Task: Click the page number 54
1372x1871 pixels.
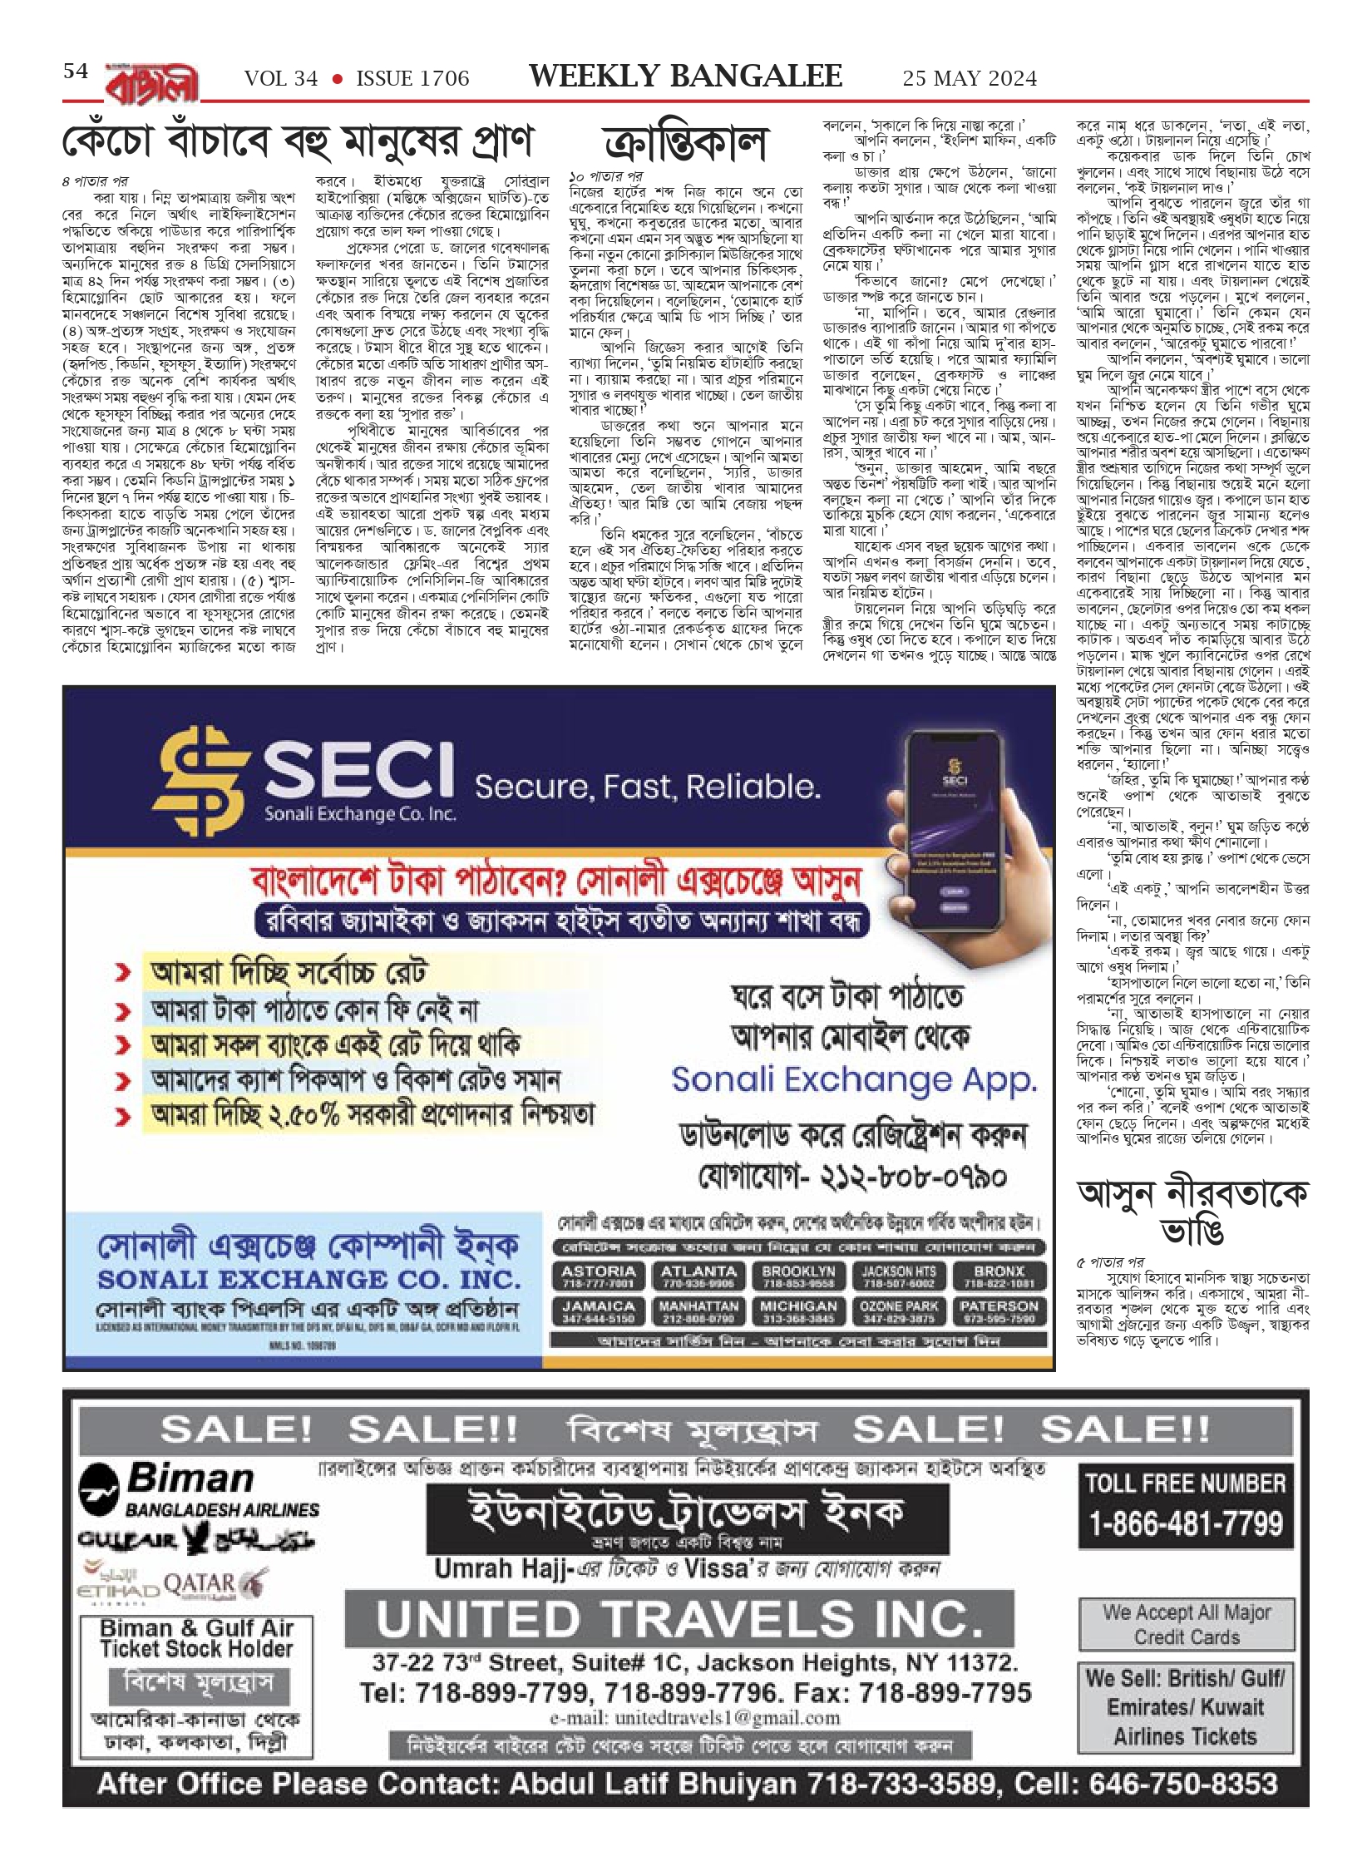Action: pyautogui.click(x=76, y=72)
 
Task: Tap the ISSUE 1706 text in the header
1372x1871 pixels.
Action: pyautogui.click(x=412, y=79)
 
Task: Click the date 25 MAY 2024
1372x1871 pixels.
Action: pyautogui.click(x=970, y=79)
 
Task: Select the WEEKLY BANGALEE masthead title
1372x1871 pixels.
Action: pyautogui.click(x=685, y=77)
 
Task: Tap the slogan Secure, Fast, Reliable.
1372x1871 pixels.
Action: pyautogui.click(x=647, y=787)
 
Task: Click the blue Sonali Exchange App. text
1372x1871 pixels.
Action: pyautogui.click(x=854, y=1080)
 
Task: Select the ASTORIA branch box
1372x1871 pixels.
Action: pyautogui.click(x=598, y=1276)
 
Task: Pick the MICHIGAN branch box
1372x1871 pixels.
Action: pyautogui.click(x=798, y=1311)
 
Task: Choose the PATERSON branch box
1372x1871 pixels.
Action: pyautogui.click(x=999, y=1311)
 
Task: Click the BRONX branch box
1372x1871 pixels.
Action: pyautogui.click(x=999, y=1276)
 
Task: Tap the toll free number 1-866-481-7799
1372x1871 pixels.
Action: pyautogui.click(x=1186, y=1523)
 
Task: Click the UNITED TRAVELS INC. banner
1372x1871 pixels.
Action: pyautogui.click(x=679, y=1619)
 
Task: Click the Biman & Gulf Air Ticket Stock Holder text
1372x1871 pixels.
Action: pyautogui.click(x=196, y=1637)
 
